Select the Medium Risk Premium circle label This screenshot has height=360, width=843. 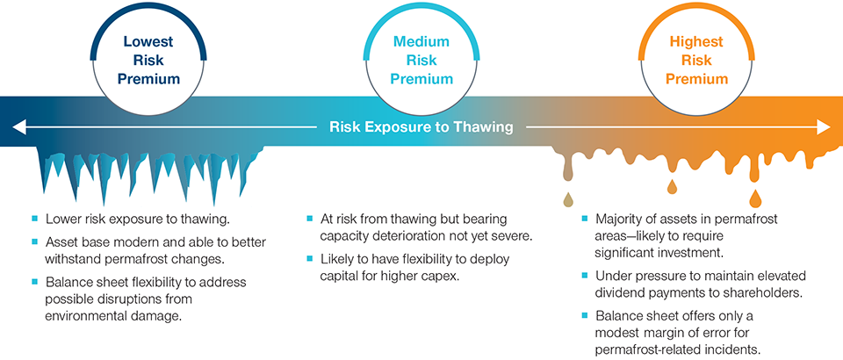coord(421,60)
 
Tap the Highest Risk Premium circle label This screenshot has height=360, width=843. coord(696,60)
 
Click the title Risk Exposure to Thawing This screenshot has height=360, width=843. coord(421,127)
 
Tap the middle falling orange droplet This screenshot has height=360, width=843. coord(673,187)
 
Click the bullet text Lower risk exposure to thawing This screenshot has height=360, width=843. coord(126,219)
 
